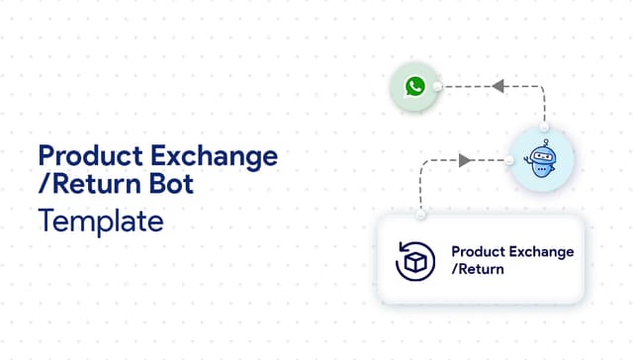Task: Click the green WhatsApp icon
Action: (413, 87)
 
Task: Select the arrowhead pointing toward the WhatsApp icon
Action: (499, 87)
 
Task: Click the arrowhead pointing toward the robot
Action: (466, 158)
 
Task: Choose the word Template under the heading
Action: (100, 221)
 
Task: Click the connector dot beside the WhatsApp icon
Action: (436, 87)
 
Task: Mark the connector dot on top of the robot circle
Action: (545, 130)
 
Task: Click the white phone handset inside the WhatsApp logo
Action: (413, 87)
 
